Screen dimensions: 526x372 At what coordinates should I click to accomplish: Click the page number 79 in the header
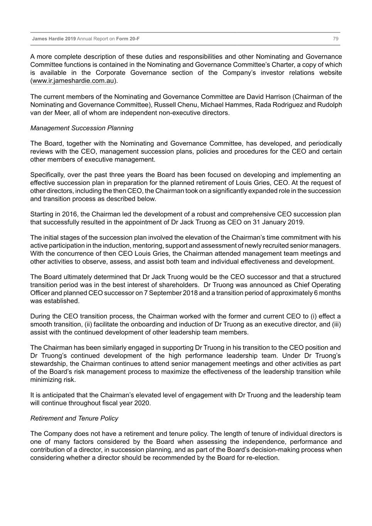(335, 39)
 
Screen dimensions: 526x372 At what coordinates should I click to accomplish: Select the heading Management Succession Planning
(82, 128)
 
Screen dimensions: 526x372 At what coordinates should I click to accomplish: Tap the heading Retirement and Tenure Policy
(74, 418)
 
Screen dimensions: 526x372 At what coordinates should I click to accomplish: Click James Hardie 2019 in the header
(54, 39)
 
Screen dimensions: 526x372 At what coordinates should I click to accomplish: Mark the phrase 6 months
(328, 293)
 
